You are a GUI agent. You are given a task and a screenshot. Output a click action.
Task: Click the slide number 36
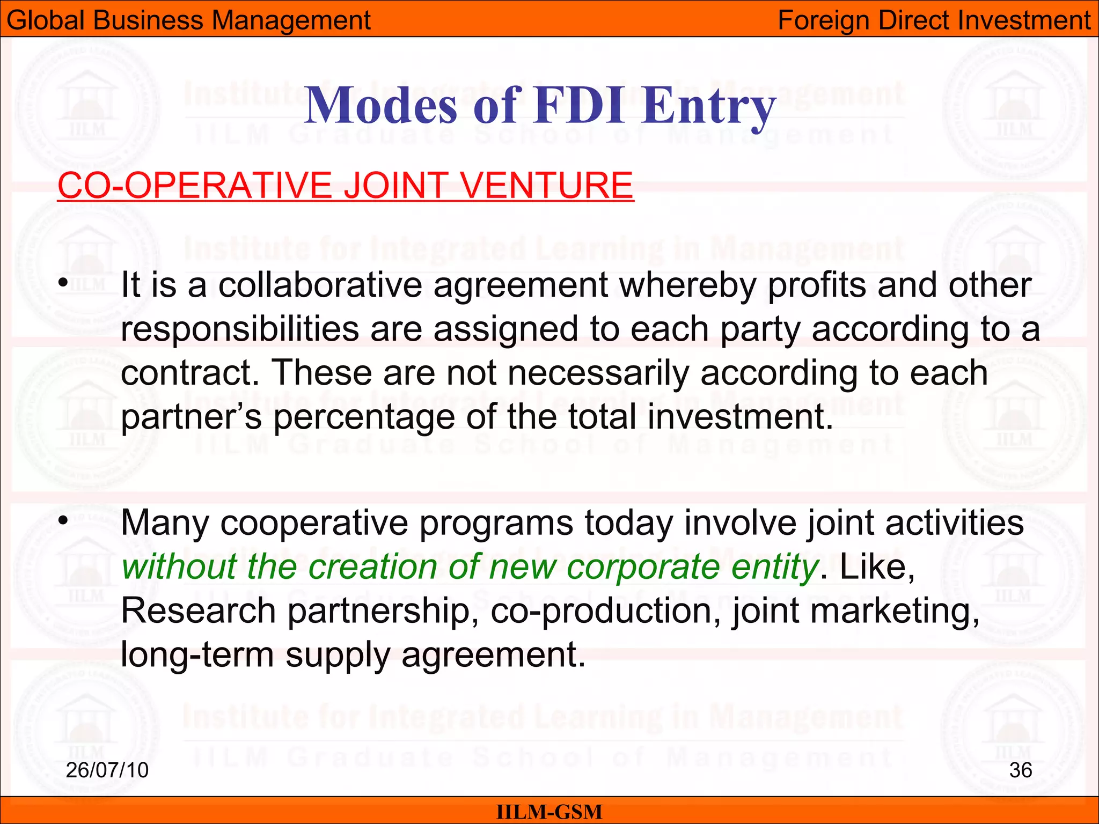[1021, 770]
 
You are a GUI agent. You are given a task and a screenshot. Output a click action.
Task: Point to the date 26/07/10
[107, 770]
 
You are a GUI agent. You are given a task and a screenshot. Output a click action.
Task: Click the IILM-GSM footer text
[549, 812]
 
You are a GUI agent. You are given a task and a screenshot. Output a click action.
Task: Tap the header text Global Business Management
[188, 20]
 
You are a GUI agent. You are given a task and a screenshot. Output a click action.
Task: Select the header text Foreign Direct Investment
[934, 20]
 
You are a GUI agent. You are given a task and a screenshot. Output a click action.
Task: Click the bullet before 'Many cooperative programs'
[63, 520]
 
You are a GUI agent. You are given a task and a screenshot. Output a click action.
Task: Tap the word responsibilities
[240, 329]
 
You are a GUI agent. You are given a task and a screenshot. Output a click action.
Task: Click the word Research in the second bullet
[198, 611]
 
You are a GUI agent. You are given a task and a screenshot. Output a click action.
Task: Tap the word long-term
[197, 656]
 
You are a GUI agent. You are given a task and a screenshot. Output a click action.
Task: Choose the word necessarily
[598, 373]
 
